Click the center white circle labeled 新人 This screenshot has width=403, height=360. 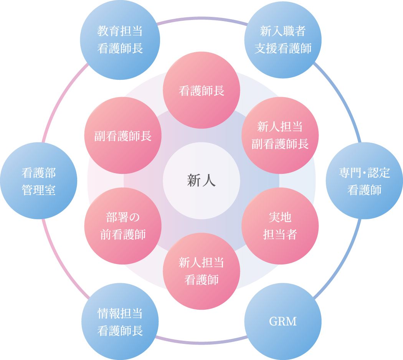coord(201,181)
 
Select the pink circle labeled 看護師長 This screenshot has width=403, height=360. coord(201,91)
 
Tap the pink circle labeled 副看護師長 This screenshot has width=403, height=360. coord(123,135)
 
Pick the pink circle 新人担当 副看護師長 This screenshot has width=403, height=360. coord(280,135)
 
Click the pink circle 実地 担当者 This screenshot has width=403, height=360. coord(280,226)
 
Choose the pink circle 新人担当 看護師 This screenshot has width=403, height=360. coord(201,271)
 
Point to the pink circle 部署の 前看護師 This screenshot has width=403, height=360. coord(123,226)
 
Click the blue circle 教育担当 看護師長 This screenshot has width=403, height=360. coord(120,40)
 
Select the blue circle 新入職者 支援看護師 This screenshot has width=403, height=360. coord(283,40)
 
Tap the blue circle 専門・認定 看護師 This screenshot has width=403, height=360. coord(364,181)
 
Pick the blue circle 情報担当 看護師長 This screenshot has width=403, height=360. coord(120,322)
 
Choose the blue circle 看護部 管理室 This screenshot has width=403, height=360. coord(38,181)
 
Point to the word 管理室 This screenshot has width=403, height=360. coord(38,190)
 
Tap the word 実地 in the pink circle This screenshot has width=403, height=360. coord(280,217)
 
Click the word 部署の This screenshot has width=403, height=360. coord(123,217)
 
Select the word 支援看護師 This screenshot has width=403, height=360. coord(283,49)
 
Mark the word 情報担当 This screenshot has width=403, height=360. coord(120,313)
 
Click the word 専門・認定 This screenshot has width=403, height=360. coord(364,173)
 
